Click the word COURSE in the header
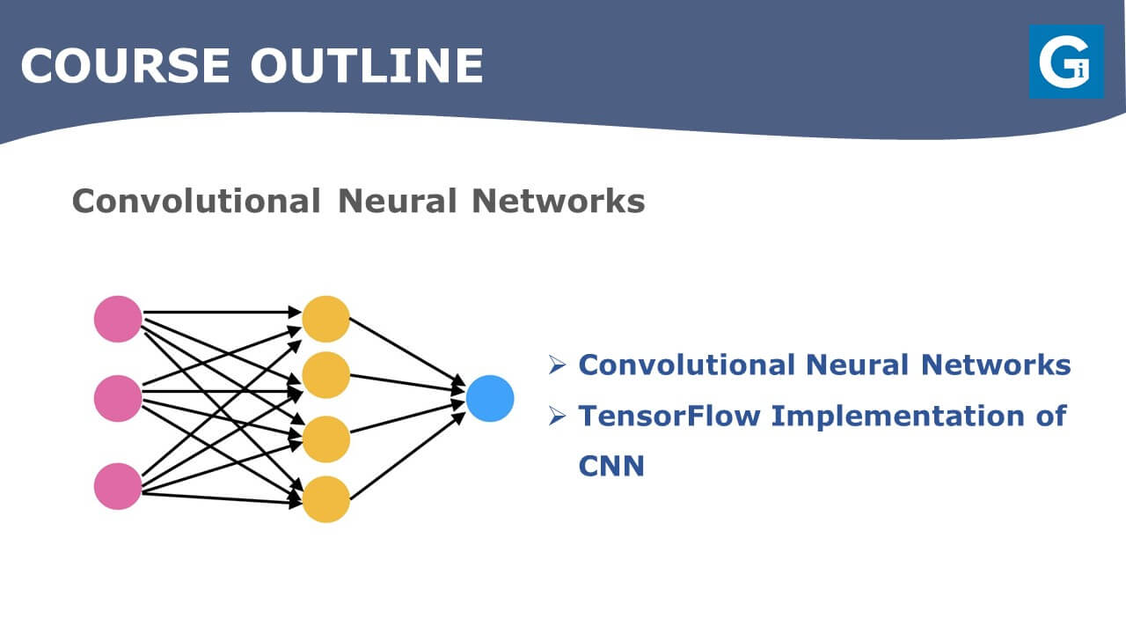click(x=126, y=65)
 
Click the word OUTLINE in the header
click(x=367, y=65)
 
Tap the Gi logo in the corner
click(x=1067, y=62)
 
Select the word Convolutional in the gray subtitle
click(x=196, y=201)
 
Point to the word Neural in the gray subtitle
click(x=397, y=201)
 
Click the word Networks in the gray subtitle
click(x=559, y=201)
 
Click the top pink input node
click(x=118, y=319)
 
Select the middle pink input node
click(x=118, y=399)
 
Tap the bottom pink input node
click(x=118, y=486)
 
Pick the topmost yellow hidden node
click(x=325, y=319)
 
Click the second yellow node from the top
click(x=325, y=375)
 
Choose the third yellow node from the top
click(x=325, y=439)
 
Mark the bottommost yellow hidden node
click(x=325, y=499)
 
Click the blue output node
click(x=490, y=399)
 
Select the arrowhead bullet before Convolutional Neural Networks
click(x=558, y=365)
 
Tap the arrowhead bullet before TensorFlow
click(x=558, y=416)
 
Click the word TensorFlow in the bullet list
click(x=669, y=416)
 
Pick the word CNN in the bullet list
click(x=611, y=466)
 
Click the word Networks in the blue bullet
click(x=996, y=365)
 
